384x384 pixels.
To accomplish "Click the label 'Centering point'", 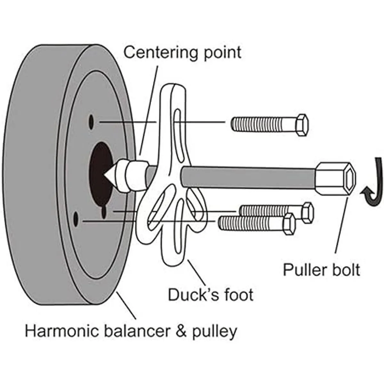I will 182,52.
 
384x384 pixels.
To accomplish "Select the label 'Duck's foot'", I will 211,294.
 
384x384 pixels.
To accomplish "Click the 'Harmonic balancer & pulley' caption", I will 131,331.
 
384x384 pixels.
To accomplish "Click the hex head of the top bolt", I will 301,125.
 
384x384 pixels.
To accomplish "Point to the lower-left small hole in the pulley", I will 76,219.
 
